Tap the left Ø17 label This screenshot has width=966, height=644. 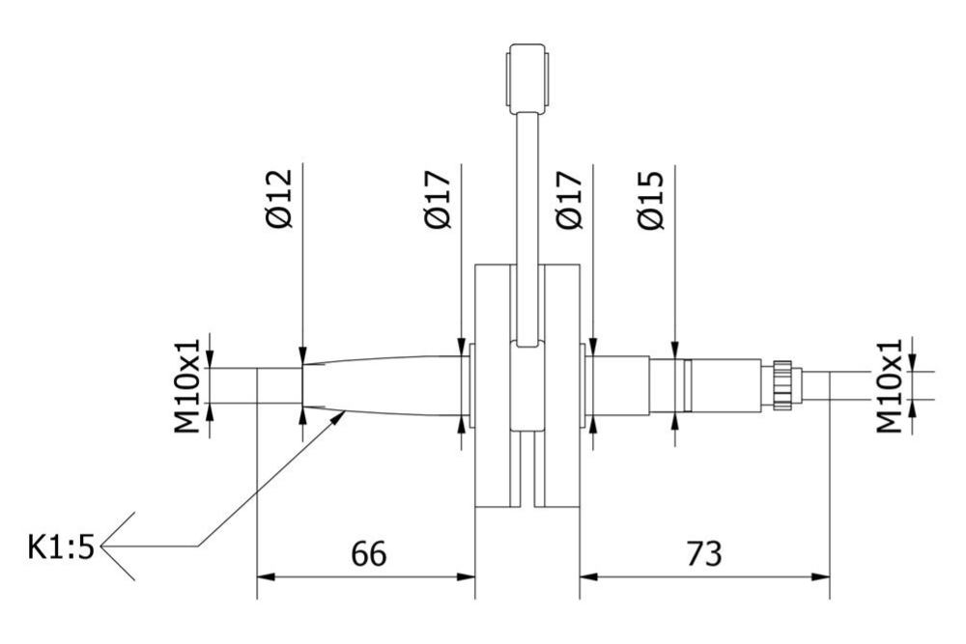(x=439, y=200)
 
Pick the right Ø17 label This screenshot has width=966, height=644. (x=570, y=200)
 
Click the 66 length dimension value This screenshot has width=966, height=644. (x=369, y=554)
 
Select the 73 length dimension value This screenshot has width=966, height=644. (x=703, y=554)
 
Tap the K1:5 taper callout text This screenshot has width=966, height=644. (x=61, y=548)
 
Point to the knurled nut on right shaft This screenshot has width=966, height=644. (x=781, y=384)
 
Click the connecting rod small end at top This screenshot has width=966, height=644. (x=527, y=74)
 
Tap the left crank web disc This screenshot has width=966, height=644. (x=493, y=386)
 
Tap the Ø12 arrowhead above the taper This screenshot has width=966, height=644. (x=302, y=355)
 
